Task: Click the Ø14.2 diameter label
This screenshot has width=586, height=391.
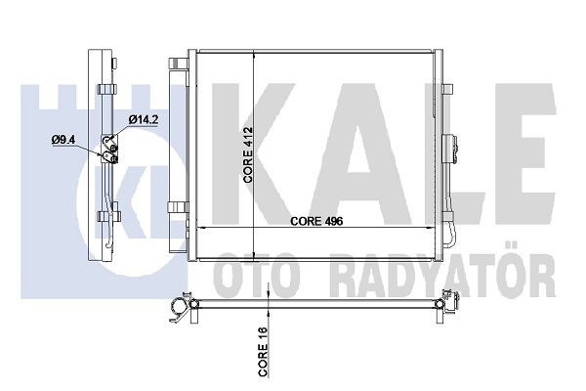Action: tap(144, 119)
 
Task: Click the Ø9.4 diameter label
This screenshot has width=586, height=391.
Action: tap(63, 140)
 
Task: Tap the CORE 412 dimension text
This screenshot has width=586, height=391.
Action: tap(248, 154)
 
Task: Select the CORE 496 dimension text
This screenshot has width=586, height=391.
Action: tap(316, 221)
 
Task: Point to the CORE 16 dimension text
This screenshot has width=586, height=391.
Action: tap(263, 351)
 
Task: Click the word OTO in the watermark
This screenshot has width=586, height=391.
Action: tap(258, 276)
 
